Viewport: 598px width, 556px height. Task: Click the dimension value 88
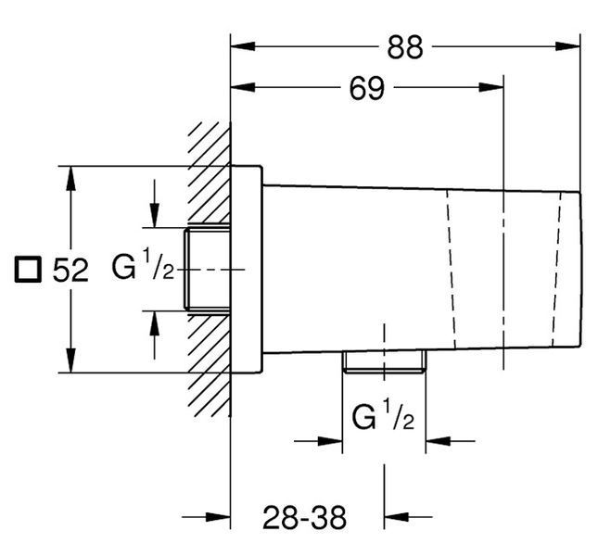(405, 47)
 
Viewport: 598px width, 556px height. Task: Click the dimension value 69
(367, 88)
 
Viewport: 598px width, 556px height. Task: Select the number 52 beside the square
(70, 271)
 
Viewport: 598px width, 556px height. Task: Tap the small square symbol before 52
(28, 270)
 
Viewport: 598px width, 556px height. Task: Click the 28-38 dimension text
(304, 517)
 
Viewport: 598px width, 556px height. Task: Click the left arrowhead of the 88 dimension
(243, 46)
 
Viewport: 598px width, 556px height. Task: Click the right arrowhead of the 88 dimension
(568, 46)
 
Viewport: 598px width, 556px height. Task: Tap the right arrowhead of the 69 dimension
(491, 87)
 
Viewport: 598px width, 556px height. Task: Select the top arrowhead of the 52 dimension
(70, 178)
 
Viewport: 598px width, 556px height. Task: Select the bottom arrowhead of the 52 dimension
(70, 360)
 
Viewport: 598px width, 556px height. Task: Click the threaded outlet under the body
(385, 361)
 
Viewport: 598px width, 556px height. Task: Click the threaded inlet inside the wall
(207, 270)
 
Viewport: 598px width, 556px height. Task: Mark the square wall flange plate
(247, 269)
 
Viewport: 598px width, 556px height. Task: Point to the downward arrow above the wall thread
(155, 204)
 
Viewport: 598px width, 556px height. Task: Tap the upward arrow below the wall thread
(155, 335)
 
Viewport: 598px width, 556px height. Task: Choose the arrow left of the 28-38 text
(206, 517)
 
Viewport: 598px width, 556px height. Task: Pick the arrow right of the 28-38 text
(408, 517)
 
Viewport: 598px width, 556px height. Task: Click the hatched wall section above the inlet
(209, 173)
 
